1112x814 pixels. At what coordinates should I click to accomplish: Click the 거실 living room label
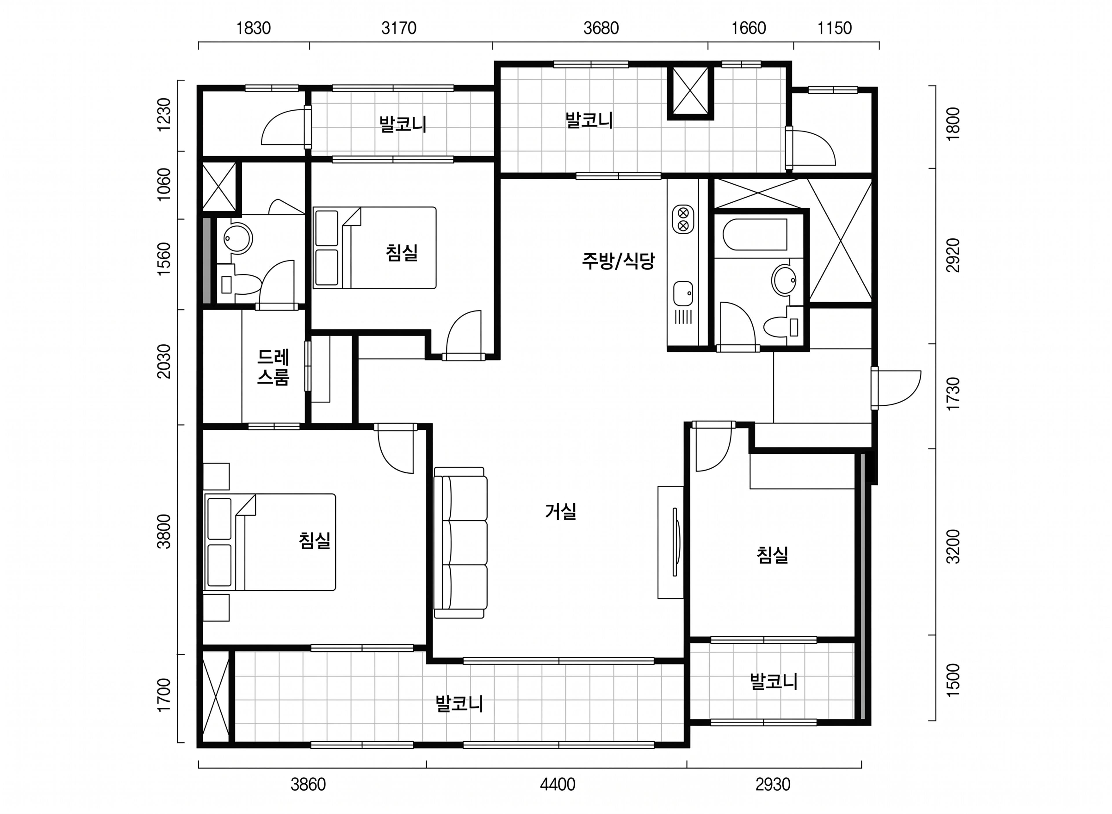[x=561, y=511]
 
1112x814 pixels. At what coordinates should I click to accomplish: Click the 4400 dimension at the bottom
[x=557, y=784]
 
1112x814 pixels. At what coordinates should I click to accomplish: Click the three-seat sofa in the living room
[x=461, y=542]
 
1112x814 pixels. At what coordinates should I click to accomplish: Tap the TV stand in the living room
[x=671, y=542]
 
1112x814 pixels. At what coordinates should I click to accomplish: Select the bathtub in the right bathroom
[x=755, y=235]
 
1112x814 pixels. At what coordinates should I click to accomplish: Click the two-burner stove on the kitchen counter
[x=683, y=219]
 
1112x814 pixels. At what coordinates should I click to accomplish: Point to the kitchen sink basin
[x=683, y=294]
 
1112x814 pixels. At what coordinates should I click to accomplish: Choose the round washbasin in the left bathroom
[x=238, y=239]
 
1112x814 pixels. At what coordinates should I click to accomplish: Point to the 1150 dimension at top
[x=835, y=28]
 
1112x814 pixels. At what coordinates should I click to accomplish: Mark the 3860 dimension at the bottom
[x=308, y=784]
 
